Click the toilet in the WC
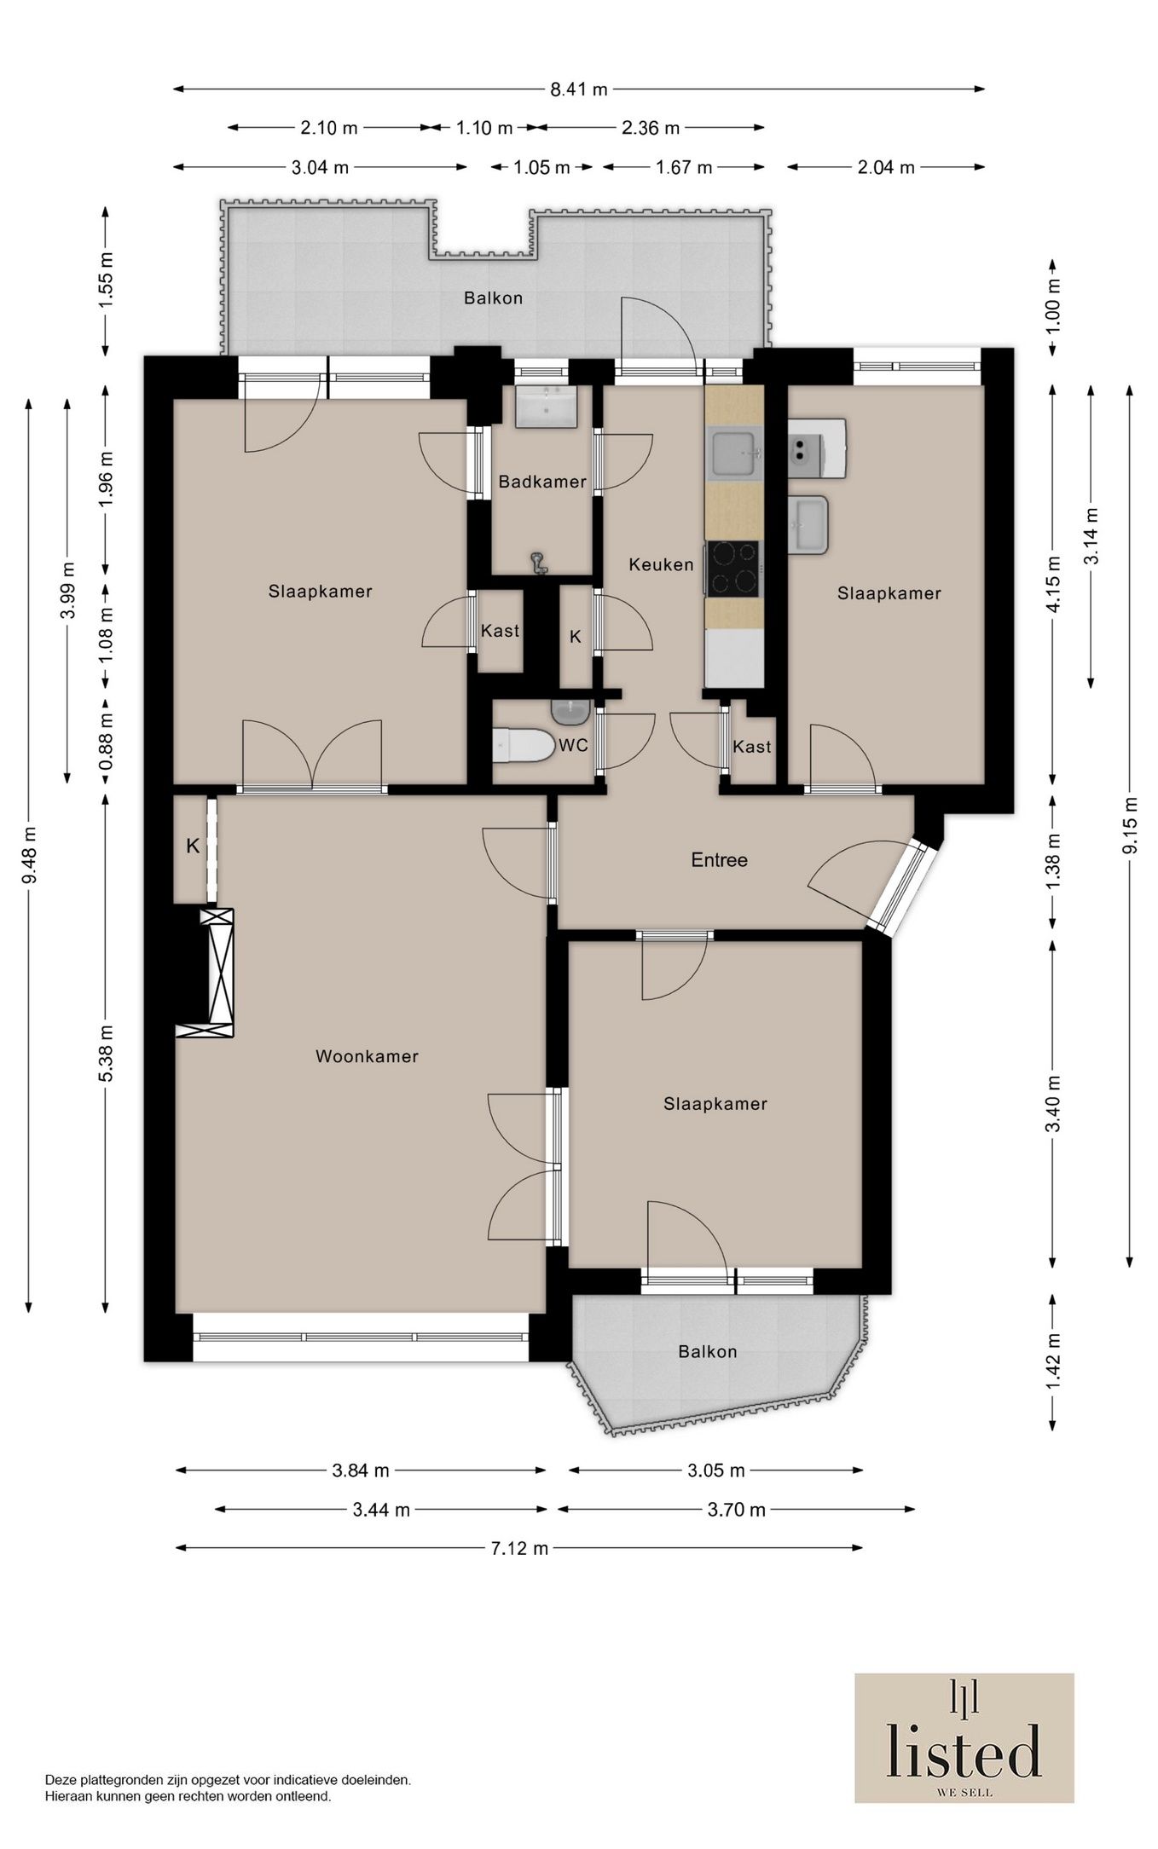click(523, 745)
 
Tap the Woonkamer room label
click(368, 1056)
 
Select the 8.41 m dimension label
click(579, 89)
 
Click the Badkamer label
click(542, 482)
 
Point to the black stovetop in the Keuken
click(732, 568)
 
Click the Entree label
click(719, 860)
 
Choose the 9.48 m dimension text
click(29, 856)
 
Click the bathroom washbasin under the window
click(546, 406)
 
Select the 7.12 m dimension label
click(519, 1548)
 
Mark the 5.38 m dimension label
click(106, 1054)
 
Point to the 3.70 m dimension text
click(737, 1510)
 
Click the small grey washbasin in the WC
click(569, 710)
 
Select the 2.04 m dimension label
click(886, 167)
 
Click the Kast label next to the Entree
click(752, 747)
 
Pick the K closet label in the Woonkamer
click(193, 846)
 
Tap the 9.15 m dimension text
click(1130, 825)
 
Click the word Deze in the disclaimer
click(59, 1780)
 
